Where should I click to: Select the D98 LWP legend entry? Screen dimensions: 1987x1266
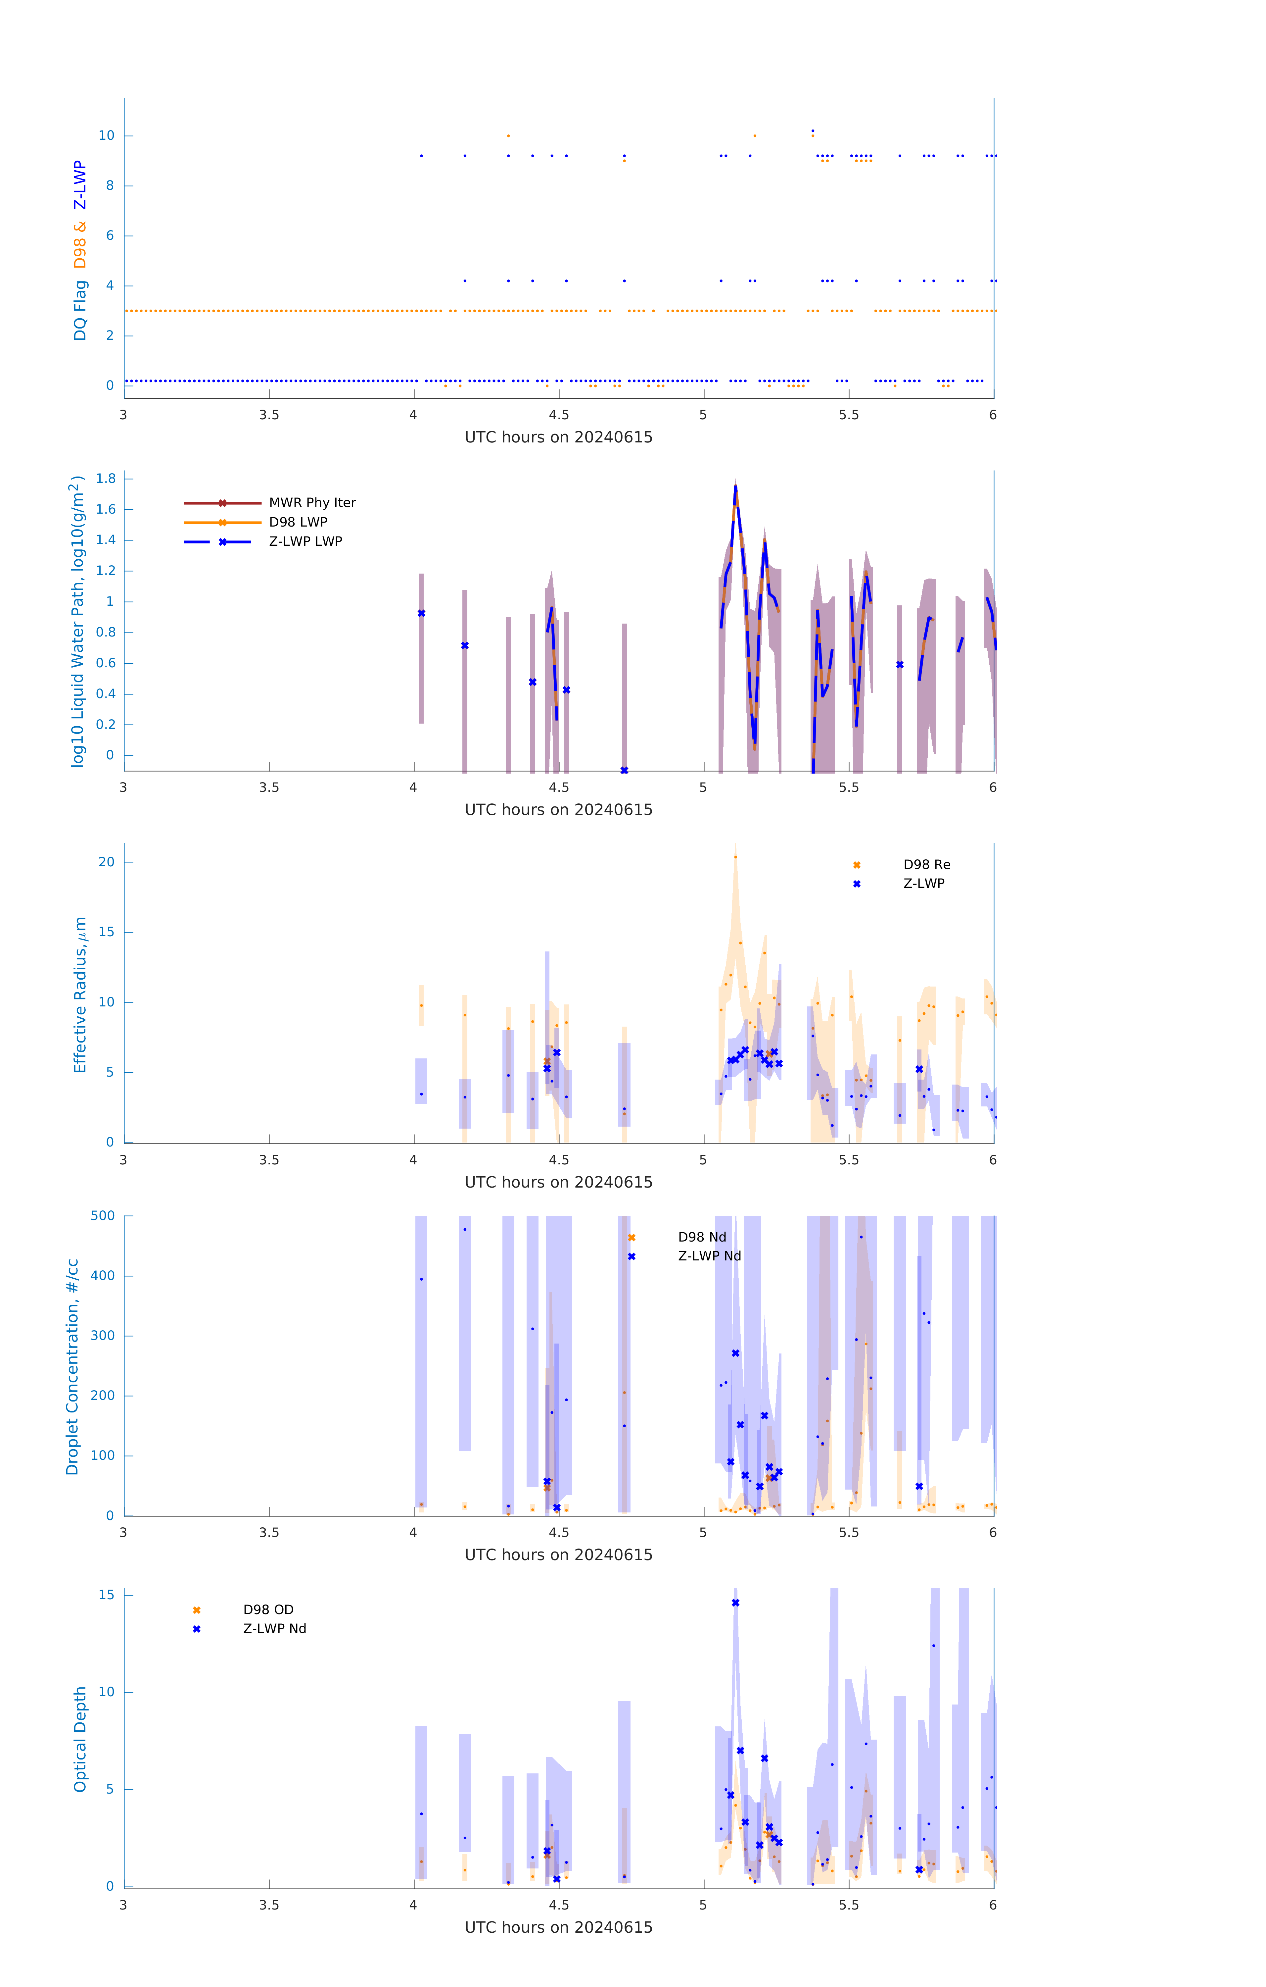pyautogui.click(x=298, y=522)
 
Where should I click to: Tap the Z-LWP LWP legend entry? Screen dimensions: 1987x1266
pyautogui.click(x=305, y=541)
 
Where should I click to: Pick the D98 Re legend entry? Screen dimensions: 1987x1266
pyautogui.click(x=926, y=865)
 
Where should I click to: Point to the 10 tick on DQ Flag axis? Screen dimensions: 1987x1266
pyautogui.click(x=106, y=135)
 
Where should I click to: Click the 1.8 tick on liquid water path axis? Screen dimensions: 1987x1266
pyautogui.click(x=106, y=479)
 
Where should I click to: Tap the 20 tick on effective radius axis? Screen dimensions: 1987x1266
pyautogui.click(x=106, y=861)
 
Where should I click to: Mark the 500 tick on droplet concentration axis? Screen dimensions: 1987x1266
pyautogui.click(x=103, y=1215)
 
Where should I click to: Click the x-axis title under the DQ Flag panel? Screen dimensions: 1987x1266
pyautogui.click(x=558, y=437)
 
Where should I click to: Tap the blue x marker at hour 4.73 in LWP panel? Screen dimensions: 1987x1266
pyautogui.click(x=624, y=770)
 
